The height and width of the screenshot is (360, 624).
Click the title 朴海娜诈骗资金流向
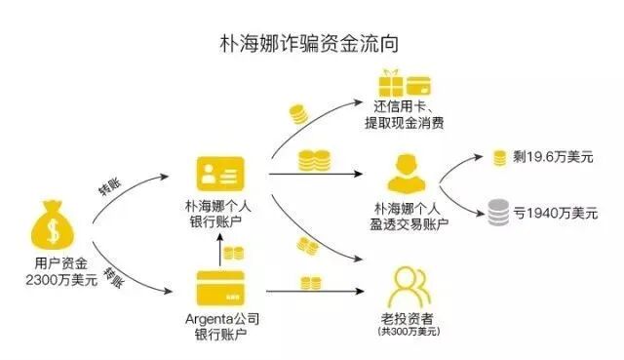coord(312,43)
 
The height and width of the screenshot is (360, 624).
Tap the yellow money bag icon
coord(49,227)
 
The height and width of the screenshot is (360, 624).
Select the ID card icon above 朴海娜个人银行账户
coord(220,175)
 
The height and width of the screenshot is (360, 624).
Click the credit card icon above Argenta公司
coord(221,287)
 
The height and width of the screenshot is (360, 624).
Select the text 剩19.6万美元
coord(553,157)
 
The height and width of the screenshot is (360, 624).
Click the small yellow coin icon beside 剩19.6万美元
coord(499,157)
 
